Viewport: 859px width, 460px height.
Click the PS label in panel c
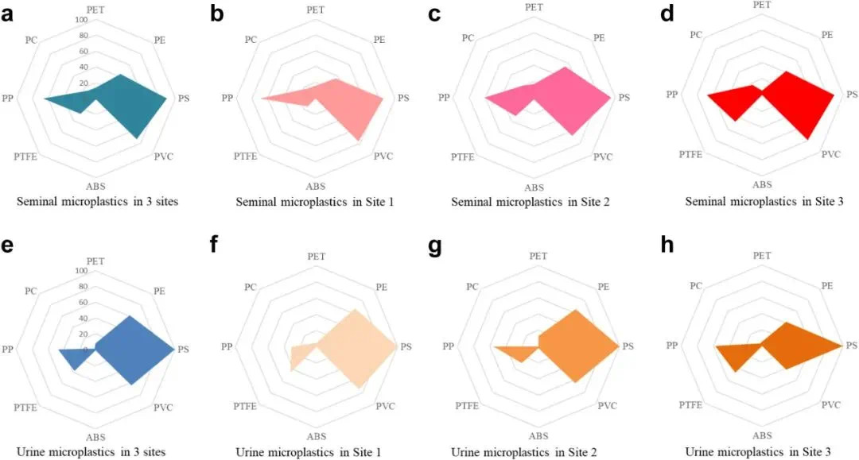[624, 98]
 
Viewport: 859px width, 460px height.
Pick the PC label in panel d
[696, 34]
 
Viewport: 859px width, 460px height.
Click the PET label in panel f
[317, 256]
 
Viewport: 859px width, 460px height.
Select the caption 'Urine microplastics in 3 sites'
[95, 451]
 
